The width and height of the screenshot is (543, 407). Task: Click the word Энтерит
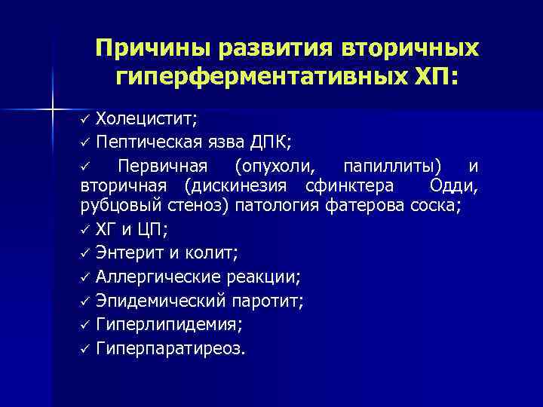pos(130,254)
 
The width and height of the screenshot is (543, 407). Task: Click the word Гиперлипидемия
pos(168,325)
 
